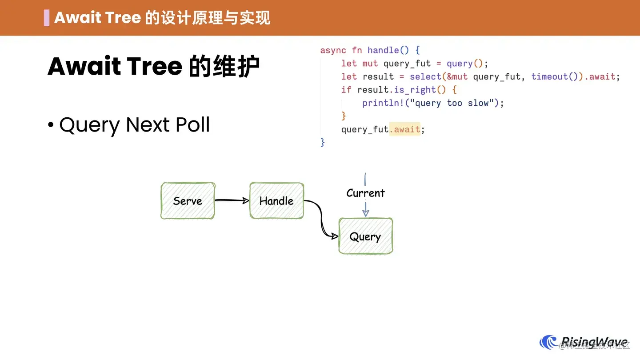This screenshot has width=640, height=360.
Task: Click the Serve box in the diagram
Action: tap(188, 201)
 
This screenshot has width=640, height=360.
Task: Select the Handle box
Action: tap(276, 201)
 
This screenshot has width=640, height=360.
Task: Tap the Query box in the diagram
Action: tap(365, 236)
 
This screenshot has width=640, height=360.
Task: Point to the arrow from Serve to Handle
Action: tap(232, 200)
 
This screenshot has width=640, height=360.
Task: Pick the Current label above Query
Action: tap(365, 193)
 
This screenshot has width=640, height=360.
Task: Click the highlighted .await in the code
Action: tap(405, 129)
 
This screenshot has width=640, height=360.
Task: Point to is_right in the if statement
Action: tap(415, 90)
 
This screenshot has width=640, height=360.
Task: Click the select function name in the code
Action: tap(425, 76)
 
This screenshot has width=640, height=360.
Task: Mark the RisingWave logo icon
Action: tap(548, 342)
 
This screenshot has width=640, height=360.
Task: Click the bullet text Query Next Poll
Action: tap(134, 125)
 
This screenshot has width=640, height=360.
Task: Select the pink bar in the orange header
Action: tap(47, 18)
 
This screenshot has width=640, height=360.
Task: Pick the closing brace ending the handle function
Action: tap(323, 142)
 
